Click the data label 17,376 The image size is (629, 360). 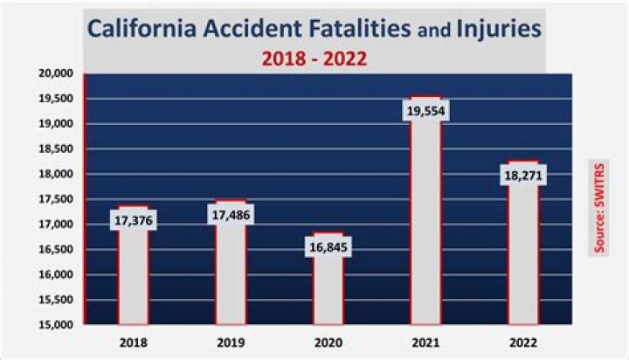133,221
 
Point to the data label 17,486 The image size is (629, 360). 231,215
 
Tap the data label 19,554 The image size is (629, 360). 425,111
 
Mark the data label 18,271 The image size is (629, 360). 523,175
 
